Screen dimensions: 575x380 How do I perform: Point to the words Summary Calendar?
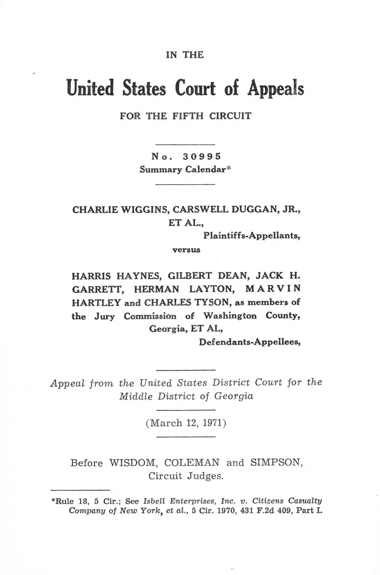click(x=183, y=169)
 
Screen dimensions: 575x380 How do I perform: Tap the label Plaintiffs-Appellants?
click(x=252, y=236)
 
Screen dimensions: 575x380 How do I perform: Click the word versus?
click(x=186, y=249)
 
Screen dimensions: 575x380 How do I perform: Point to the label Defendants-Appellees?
click(x=250, y=341)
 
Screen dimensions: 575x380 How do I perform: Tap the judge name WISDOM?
click(x=132, y=463)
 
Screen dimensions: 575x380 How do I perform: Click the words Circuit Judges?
click(x=186, y=477)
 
